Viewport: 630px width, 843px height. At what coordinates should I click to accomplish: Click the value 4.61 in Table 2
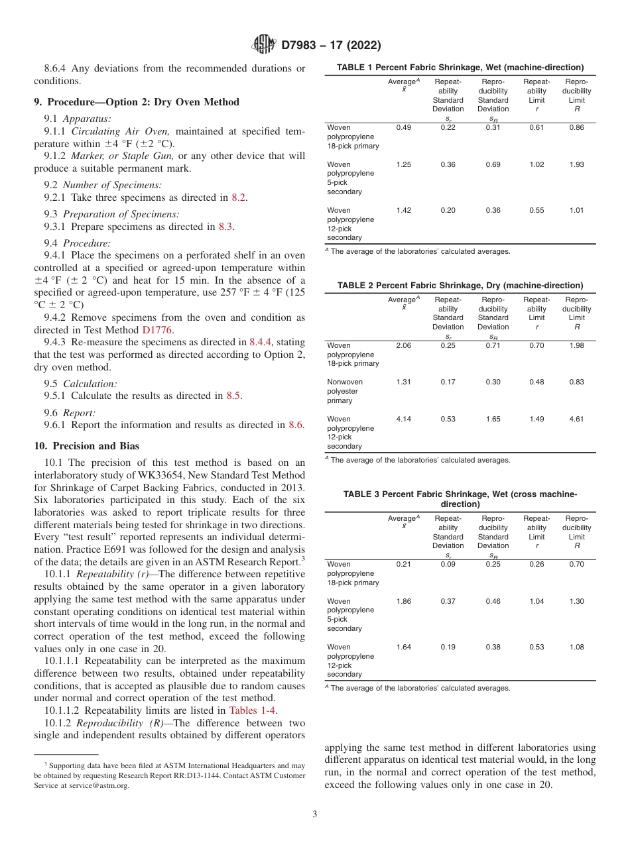(576, 419)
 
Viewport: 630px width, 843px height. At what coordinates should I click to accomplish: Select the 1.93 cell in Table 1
(576, 164)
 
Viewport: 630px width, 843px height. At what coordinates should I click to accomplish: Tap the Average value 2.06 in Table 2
(403, 345)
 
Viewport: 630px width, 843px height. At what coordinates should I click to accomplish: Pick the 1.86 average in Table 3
(403, 601)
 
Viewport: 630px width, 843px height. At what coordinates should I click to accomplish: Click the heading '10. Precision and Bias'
(86, 446)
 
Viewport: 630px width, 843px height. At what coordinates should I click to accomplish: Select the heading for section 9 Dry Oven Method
(137, 102)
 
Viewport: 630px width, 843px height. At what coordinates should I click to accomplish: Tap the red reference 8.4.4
(262, 342)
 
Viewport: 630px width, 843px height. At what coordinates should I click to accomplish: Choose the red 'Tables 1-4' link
(253, 710)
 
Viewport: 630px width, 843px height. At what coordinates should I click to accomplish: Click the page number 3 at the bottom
(314, 814)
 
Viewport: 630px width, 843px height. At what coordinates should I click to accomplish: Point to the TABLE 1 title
(460, 68)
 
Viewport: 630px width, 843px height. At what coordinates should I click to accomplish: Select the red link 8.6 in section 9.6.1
(296, 425)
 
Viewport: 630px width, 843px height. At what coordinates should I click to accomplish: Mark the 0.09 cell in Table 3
(448, 565)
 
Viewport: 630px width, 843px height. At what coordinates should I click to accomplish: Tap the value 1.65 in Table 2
(493, 419)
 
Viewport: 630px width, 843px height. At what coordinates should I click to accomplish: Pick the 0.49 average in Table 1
(403, 127)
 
